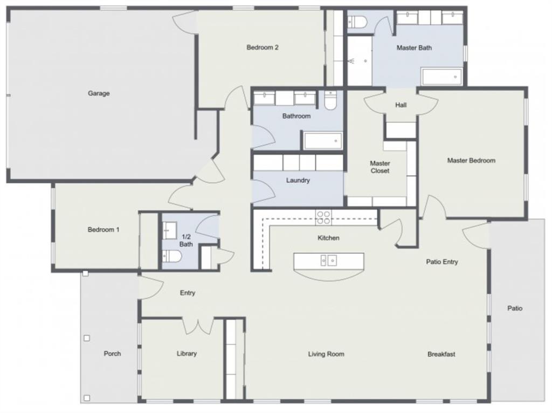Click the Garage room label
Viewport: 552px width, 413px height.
(x=99, y=93)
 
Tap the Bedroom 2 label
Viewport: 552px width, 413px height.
(x=263, y=47)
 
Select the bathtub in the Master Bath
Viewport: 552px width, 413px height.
(x=441, y=77)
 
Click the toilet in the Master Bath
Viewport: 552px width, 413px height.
(x=357, y=22)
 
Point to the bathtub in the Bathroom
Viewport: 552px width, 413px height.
(x=322, y=141)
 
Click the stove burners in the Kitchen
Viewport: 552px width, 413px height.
(x=323, y=217)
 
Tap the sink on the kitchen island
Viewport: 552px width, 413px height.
(x=328, y=261)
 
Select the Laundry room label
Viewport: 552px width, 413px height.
(x=298, y=181)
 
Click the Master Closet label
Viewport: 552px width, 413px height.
(x=379, y=167)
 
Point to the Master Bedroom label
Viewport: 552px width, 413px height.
(x=471, y=160)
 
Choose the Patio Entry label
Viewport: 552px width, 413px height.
(x=442, y=262)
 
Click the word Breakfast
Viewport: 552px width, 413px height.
(x=441, y=354)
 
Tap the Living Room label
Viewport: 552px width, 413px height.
(x=326, y=354)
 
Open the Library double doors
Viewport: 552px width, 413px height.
(x=198, y=325)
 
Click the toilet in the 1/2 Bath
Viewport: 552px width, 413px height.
(x=173, y=256)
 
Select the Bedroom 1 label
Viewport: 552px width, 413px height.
(x=103, y=230)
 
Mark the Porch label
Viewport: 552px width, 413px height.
(x=112, y=354)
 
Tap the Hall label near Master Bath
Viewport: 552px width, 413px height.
(x=401, y=105)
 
